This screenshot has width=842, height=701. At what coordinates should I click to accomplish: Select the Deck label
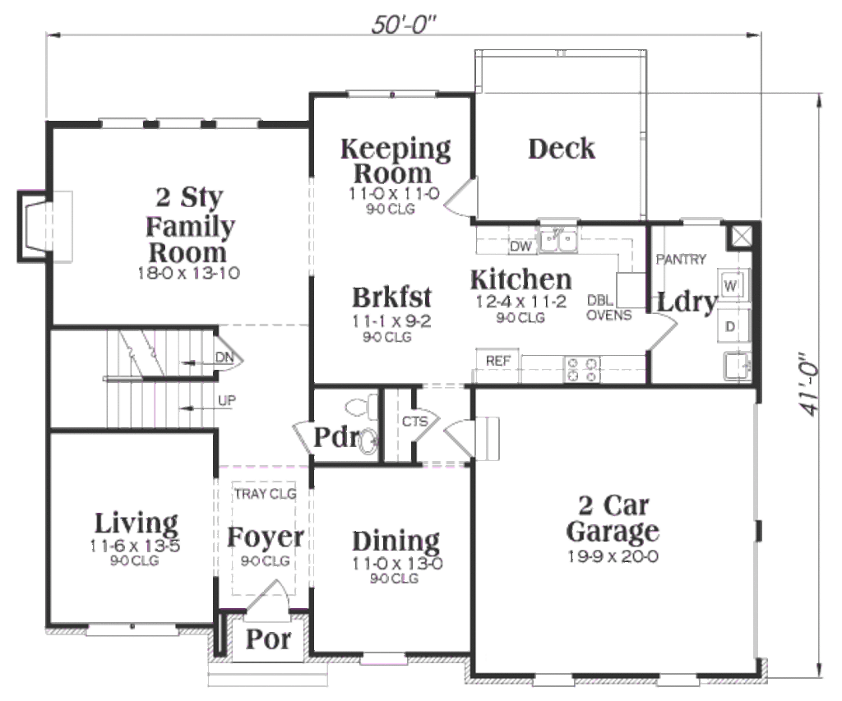pos(562,149)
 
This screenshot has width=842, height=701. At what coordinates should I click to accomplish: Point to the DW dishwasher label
pos(520,247)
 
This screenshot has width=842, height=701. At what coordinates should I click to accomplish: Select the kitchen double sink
pos(558,241)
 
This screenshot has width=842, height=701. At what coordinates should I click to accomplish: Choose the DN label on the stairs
pos(224,357)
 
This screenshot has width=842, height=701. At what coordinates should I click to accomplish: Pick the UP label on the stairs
pos(228,401)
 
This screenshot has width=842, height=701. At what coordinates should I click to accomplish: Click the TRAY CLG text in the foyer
pos(265,494)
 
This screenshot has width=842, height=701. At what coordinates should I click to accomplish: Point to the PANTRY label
pos(681,260)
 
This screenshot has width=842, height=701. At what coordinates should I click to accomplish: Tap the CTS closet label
pos(414,422)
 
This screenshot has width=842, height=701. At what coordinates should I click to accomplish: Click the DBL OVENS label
pos(609,308)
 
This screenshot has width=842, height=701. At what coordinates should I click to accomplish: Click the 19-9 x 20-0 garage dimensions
pos(613,556)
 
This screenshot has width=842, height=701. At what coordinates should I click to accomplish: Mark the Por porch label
pos(268,639)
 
